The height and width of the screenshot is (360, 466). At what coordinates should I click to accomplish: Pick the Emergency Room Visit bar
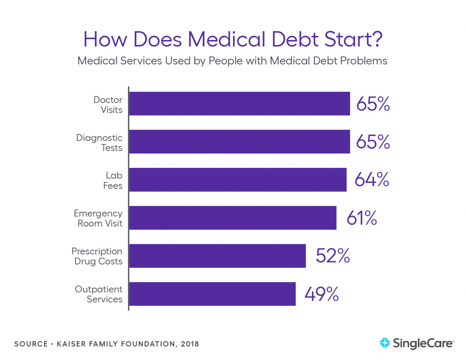(233, 218)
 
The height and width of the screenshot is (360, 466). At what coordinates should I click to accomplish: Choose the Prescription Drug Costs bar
(218, 256)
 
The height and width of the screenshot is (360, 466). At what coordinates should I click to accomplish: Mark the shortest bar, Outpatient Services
(213, 294)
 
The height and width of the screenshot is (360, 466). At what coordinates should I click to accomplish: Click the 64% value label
(373, 180)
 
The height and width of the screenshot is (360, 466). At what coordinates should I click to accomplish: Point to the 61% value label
(362, 218)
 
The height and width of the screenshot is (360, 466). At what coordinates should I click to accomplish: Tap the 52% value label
(333, 256)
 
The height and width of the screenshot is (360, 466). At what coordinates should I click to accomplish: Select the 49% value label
(322, 294)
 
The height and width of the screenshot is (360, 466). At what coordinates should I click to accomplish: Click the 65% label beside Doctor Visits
(373, 104)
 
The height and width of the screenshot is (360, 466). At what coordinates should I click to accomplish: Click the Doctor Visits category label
(108, 104)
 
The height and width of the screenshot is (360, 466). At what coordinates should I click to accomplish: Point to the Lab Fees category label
(112, 180)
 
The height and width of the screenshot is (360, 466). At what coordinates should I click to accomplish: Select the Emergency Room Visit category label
(98, 218)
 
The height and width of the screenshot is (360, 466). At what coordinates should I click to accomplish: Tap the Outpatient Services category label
(98, 294)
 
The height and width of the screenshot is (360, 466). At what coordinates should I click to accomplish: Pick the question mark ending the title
(376, 40)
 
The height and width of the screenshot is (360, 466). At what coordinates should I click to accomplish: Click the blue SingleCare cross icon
(385, 343)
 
